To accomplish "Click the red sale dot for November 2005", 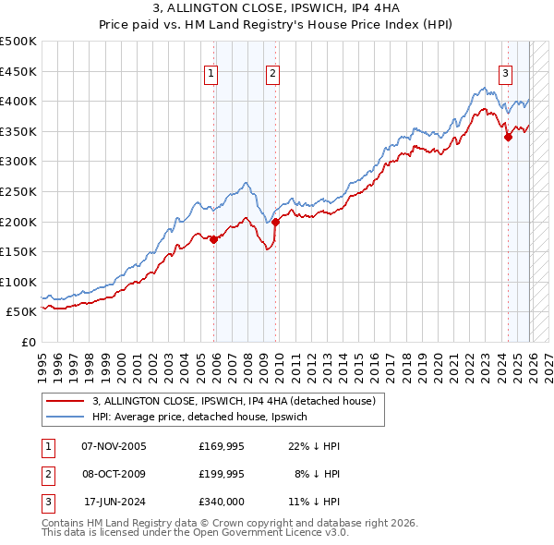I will coord(214,239).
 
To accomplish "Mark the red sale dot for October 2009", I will coord(275,222).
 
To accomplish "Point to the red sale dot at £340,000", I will coord(507,137).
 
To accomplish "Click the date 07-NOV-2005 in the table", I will coord(114,446).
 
